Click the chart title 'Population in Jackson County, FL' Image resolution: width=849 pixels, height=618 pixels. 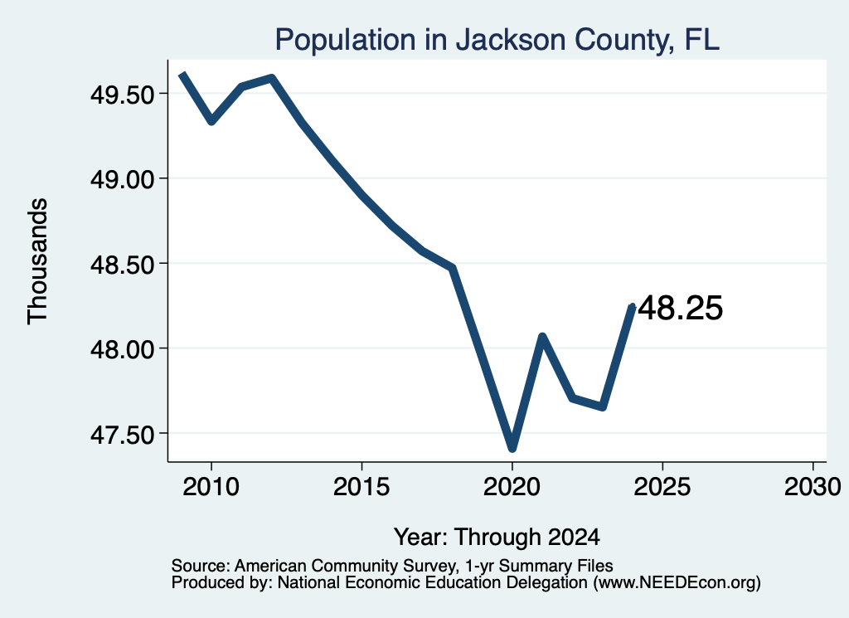497,41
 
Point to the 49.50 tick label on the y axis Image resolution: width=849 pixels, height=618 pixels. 123,95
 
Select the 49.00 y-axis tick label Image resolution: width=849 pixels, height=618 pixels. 123,179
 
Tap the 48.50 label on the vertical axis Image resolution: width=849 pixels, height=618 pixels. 123,265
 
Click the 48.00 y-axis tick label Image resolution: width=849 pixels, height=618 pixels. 123,349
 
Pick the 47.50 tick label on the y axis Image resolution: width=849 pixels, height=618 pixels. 123,435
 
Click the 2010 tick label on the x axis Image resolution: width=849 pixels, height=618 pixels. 211,487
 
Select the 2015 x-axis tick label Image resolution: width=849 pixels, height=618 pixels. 361,487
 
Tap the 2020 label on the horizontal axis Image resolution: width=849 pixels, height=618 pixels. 512,487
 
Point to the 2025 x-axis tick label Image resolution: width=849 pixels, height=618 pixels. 662,487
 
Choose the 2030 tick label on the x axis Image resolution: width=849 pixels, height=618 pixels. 813,487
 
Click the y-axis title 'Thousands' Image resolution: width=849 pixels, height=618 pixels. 38,261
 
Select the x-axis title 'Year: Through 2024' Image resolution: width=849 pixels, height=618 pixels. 497,538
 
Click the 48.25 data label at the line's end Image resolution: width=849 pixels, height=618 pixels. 681,309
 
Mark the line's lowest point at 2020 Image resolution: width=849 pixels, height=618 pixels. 512,449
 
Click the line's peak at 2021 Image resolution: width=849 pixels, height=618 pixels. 542,337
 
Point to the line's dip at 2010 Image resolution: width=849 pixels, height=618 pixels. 211,121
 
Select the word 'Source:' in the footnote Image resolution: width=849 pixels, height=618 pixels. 201,566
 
